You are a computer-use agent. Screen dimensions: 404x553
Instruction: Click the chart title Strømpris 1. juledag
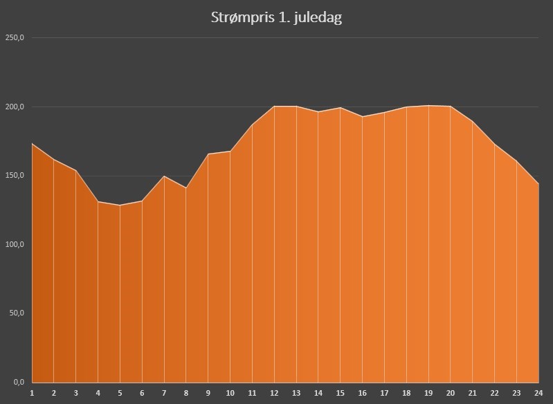276,17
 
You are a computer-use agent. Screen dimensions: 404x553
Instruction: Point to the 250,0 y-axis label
15,38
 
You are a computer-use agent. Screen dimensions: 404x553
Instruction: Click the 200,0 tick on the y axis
15,107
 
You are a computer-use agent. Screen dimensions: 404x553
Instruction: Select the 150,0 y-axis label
15,175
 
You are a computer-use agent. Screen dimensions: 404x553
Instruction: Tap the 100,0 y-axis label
15,244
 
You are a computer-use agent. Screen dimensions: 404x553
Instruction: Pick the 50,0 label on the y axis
16,313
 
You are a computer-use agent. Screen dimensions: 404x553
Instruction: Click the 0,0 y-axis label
18,382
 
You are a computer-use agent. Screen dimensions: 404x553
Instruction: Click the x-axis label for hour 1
32,393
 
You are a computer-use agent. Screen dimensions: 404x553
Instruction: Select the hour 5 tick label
120,393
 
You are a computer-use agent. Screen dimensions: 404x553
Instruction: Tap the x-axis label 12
274,393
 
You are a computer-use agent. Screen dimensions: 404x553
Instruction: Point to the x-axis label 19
428,393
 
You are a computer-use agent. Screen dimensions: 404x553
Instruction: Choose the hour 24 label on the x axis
538,393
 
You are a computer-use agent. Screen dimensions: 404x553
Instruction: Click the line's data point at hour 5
120,205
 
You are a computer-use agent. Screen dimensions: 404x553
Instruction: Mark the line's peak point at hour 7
164,176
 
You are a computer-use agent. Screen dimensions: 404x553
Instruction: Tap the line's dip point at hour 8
186,187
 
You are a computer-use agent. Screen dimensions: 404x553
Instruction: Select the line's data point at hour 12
274,107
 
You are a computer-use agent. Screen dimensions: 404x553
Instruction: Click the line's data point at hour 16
363,117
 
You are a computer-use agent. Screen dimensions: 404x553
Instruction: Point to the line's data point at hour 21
473,122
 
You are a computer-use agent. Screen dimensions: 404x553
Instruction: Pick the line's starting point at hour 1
32,143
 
